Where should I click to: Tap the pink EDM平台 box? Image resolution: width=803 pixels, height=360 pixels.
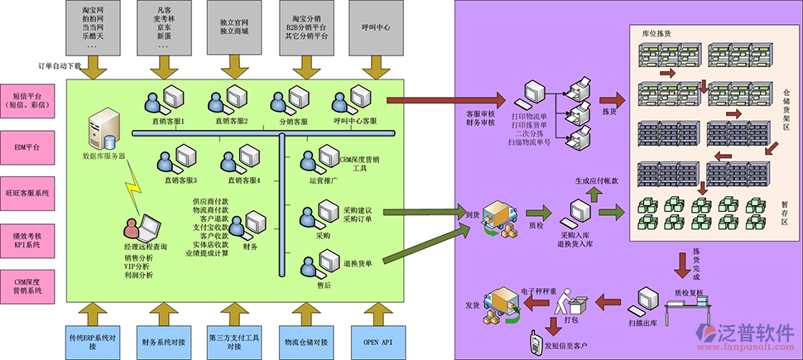[x=27, y=146]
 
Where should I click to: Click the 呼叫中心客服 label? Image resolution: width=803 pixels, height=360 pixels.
[x=354, y=121]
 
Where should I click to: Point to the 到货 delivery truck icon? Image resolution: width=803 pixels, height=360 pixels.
[x=502, y=220]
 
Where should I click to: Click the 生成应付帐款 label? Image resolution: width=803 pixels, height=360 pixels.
[x=597, y=180]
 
